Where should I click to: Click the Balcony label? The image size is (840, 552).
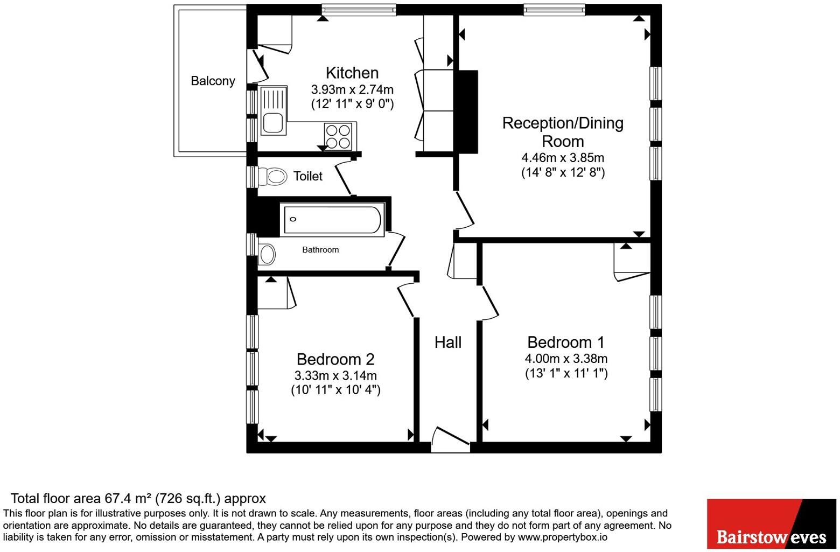[x=213, y=81]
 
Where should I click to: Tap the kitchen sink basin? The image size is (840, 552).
[x=272, y=123]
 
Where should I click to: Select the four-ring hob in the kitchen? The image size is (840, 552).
[x=338, y=136]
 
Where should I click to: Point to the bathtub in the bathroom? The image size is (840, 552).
[x=332, y=220]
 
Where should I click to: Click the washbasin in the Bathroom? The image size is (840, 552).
[x=267, y=255]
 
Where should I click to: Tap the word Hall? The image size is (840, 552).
[x=448, y=343]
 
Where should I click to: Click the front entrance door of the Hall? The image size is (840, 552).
[x=450, y=439]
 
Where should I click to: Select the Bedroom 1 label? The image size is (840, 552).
[x=566, y=342]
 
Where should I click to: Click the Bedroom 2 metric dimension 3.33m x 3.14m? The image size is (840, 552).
[x=335, y=375]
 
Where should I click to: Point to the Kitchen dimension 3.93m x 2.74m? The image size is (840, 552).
[x=352, y=89]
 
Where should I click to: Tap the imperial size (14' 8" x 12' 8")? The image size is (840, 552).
[x=563, y=172]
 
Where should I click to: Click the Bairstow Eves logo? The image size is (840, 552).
[x=772, y=523]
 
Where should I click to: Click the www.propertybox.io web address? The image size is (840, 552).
[x=563, y=537]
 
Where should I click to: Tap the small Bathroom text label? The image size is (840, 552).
[x=320, y=250]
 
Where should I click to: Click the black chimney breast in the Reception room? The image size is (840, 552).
[x=466, y=112]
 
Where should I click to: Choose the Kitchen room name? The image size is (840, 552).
[x=352, y=73]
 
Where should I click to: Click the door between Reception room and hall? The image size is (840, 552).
[x=465, y=211]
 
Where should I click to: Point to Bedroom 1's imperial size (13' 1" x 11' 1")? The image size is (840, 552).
[x=566, y=374]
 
